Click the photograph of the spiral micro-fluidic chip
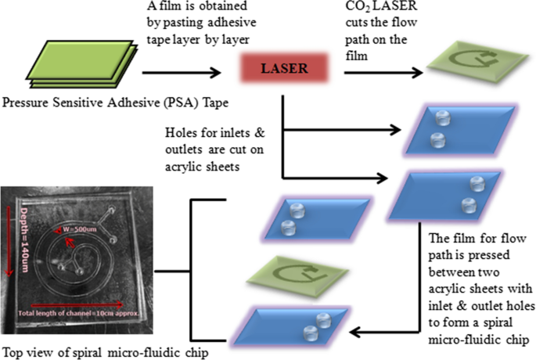click(x=93, y=253)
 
